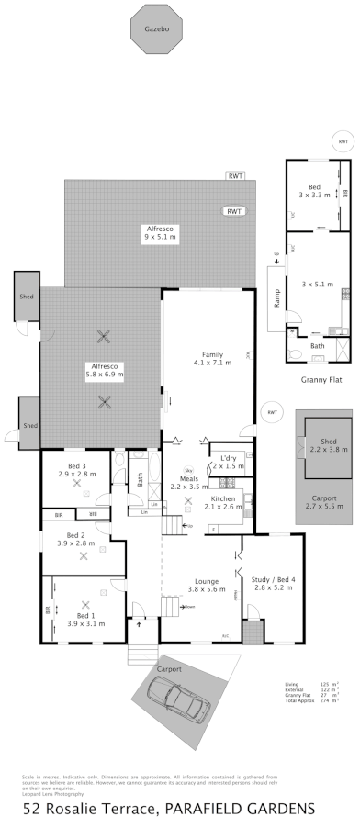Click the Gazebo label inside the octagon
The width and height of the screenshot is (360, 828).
tap(155, 29)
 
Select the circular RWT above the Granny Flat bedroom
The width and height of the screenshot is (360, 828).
tap(342, 141)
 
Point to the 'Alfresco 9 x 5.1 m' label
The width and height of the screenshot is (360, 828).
tap(160, 232)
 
